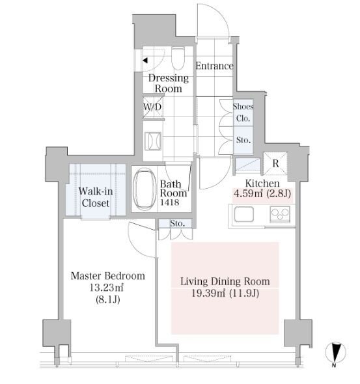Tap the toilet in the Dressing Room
pos(178,58)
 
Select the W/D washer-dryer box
pos(153,107)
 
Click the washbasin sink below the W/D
pos(153,141)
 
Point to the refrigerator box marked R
pos(275,163)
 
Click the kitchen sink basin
pos(243,214)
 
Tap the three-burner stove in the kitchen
pos(280,215)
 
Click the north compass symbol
pos(335,353)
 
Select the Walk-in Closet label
pos(96,197)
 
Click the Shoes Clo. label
pos(243,113)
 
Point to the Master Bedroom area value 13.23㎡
pos(106,288)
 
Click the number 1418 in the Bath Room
pos(170,202)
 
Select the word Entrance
pos(214,66)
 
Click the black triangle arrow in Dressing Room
pos(145,60)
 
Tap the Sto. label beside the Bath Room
pos(177,223)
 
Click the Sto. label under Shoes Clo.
pos(243,140)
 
